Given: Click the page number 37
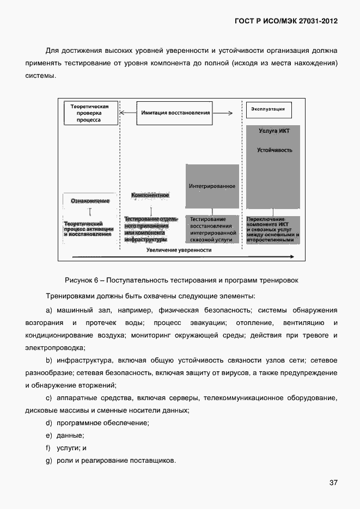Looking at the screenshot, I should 333,483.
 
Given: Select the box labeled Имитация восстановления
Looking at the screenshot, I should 175,113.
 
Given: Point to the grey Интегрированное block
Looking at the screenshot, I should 212,186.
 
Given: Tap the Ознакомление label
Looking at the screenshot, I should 90,201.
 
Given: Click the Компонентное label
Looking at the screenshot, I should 150,195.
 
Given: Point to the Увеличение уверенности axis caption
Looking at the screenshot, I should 179,250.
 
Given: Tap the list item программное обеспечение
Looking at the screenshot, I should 103,423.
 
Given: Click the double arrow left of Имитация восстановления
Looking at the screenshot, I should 127,113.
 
